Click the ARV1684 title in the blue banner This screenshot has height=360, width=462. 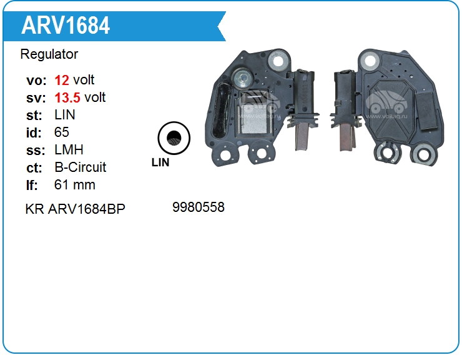(x=66, y=26)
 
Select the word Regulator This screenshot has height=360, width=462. (x=49, y=54)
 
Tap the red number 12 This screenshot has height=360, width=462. (x=62, y=80)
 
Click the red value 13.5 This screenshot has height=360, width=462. (x=67, y=97)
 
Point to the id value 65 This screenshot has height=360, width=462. (x=62, y=132)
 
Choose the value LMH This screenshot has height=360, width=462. (x=69, y=150)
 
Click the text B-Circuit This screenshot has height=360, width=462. (x=81, y=167)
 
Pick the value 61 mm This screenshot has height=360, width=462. (x=75, y=185)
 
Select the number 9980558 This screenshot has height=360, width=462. (x=198, y=207)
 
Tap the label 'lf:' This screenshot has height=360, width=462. (x=32, y=185)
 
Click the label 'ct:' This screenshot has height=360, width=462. (x=34, y=167)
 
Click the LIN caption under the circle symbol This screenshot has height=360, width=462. (x=160, y=162)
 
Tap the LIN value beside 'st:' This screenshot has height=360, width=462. (x=65, y=115)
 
